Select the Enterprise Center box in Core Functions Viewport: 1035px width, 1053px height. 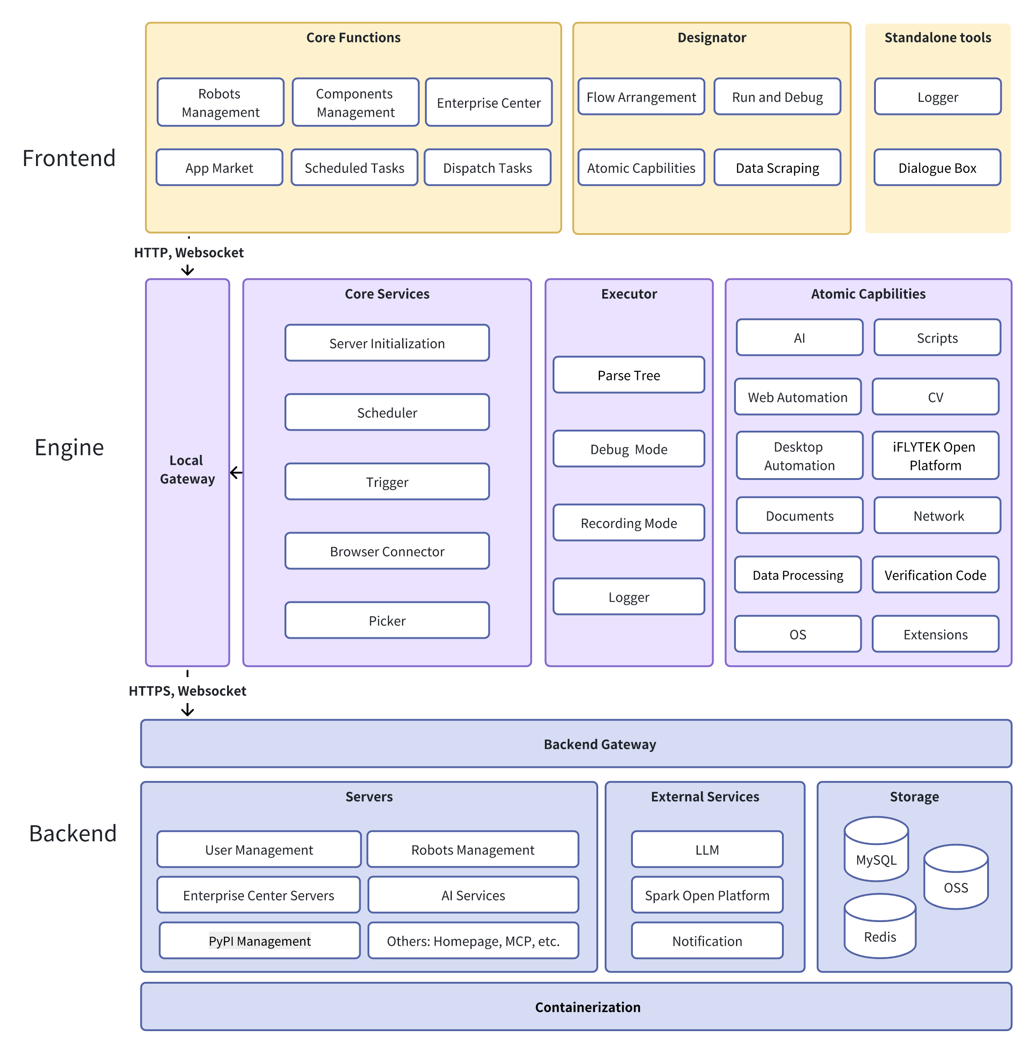point(488,102)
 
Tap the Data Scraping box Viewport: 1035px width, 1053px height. point(777,167)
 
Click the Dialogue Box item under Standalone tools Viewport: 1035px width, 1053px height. point(937,167)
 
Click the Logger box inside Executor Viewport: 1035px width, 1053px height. point(628,597)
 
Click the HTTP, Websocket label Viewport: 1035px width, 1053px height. point(189,252)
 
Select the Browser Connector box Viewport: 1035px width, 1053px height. point(387,551)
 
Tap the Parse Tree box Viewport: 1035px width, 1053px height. point(628,375)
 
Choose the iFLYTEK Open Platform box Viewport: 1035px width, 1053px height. point(935,455)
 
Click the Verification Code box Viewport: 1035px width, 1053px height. point(935,575)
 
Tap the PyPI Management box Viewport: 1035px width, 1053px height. point(259,940)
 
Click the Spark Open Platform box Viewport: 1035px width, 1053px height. point(707,895)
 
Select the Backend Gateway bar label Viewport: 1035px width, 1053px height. point(600,744)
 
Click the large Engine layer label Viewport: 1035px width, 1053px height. point(69,447)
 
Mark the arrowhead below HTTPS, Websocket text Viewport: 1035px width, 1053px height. point(187,710)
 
